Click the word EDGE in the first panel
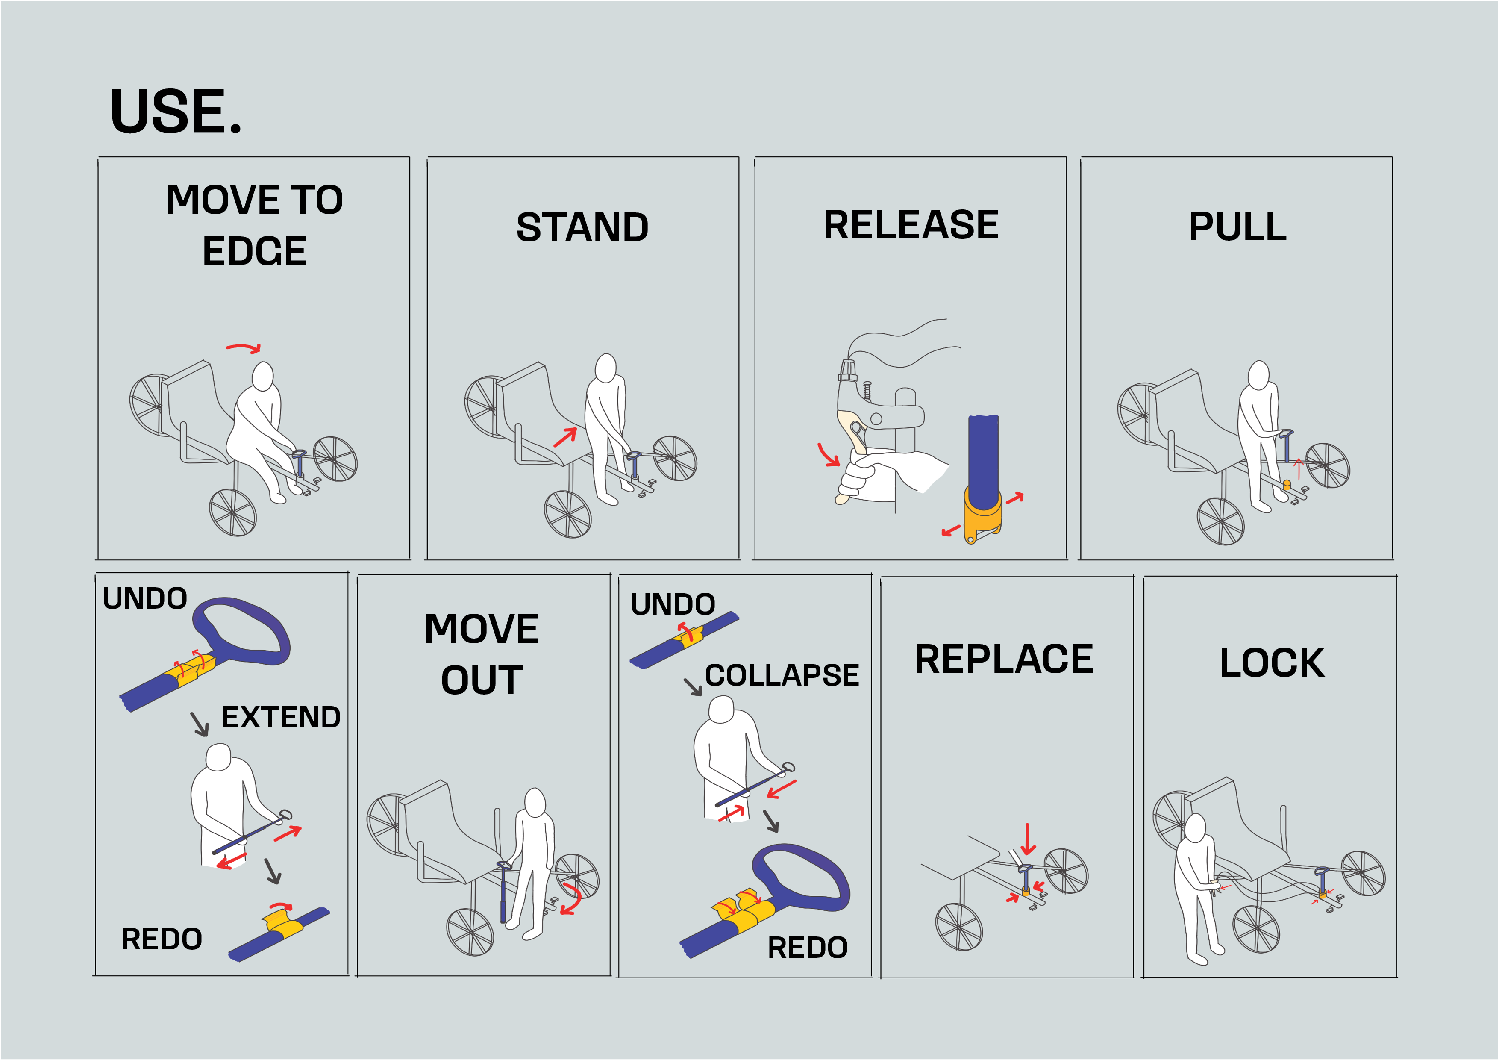pyautogui.click(x=255, y=251)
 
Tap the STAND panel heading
pyautogui.click(x=582, y=227)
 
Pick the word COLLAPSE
pyautogui.click(x=782, y=675)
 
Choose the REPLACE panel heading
pyautogui.click(x=1004, y=659)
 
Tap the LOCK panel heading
pyautogui.click(x=1272, y=663)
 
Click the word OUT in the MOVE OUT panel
pyautogui.click(x=482, y=680)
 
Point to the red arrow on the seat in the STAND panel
pyautogui.click(x=565, y=437)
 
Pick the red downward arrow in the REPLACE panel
pyautogui.click(x=1028, y=839)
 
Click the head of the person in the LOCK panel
pyautogui.click(x=1196, y=829)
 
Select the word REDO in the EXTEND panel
pyautogui.click(x=162, y=939)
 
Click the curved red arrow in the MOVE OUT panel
pyautogui.click(x=572, y=899)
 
